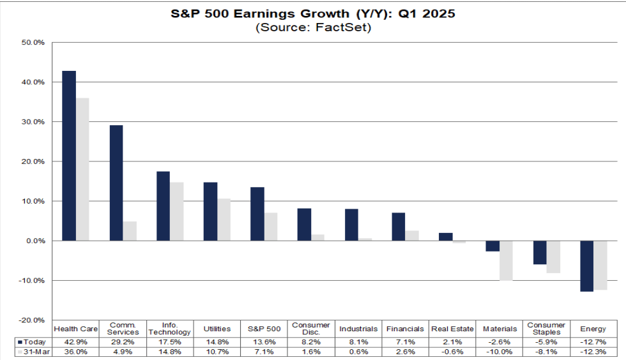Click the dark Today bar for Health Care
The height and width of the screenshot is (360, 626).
coord(68,156)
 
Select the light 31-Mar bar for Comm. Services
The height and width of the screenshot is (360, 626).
coord(130,231)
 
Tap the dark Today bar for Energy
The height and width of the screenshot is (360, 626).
coord(586,266)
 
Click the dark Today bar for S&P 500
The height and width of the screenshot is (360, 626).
coord(257,214)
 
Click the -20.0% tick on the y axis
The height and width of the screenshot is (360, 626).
coord(31,320)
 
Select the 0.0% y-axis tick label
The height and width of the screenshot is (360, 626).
coord(33,241)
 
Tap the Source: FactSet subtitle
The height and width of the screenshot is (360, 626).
coord(313,27)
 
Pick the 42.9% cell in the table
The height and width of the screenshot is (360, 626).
coord(76,341)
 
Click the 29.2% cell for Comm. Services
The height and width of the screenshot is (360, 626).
coord(123,341)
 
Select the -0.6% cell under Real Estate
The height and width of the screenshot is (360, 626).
coord(452,352)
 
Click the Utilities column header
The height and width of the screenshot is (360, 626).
coord(217,329)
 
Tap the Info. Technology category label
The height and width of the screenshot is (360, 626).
coord(171,329)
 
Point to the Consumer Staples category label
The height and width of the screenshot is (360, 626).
coord(546,329)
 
